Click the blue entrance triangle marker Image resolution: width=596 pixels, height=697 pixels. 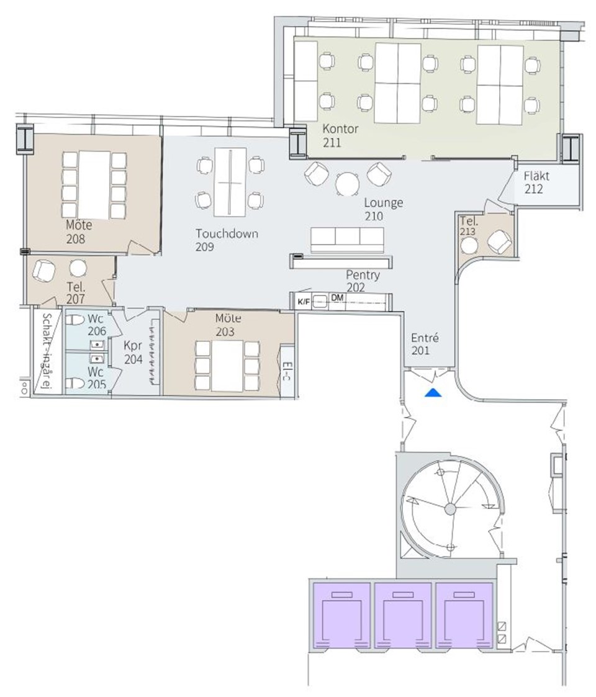pyautogui.click(x=433, y=392)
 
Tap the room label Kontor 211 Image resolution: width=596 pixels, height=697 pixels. pyautogui.click(x=340, y=135)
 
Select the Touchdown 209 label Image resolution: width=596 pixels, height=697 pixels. pyautogui.click(x=227, y=240)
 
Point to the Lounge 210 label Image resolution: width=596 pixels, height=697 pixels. pyautogui.click(x=384, y=209)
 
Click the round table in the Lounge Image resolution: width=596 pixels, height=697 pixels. pyautogui.click(x=348, y=184)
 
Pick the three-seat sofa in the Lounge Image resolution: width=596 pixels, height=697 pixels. pyautogui.click(x=348, y=240)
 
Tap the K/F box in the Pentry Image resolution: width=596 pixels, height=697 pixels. pyautogui.click(x=304, y=302)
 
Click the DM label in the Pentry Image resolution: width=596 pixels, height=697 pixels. pyautogui.click(x=337, y=297)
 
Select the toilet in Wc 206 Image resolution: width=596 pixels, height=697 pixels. pyautogui.click(x=75, y=320)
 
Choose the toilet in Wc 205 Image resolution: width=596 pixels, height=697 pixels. pyautogui.click(x=75, y=383)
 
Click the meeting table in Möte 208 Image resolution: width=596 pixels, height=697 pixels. pyautogui.click(x=94, y=185)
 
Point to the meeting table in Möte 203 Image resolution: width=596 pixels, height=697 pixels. pyautogui.click(x=227, y=366)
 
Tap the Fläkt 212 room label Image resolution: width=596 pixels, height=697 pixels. pyautogui.click(x=536, y=182)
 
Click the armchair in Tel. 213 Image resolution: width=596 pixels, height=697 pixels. pyautogui.click(x=500, y=241)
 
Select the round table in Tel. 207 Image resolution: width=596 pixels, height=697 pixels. pyautogui.click(x=78, y=268)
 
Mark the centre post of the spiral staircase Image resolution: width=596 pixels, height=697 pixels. pyautogui.click(x=450, y=508)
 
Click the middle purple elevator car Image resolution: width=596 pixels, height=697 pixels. pyautogui.click(x=403, y=615)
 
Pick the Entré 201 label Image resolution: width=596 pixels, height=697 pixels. pyautogui.click(x=424, y=344)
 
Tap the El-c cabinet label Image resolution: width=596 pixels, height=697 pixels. pyautogui.click(x=287, y=372)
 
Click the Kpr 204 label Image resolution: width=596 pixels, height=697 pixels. pyautogui.click(x=133, y=352)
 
